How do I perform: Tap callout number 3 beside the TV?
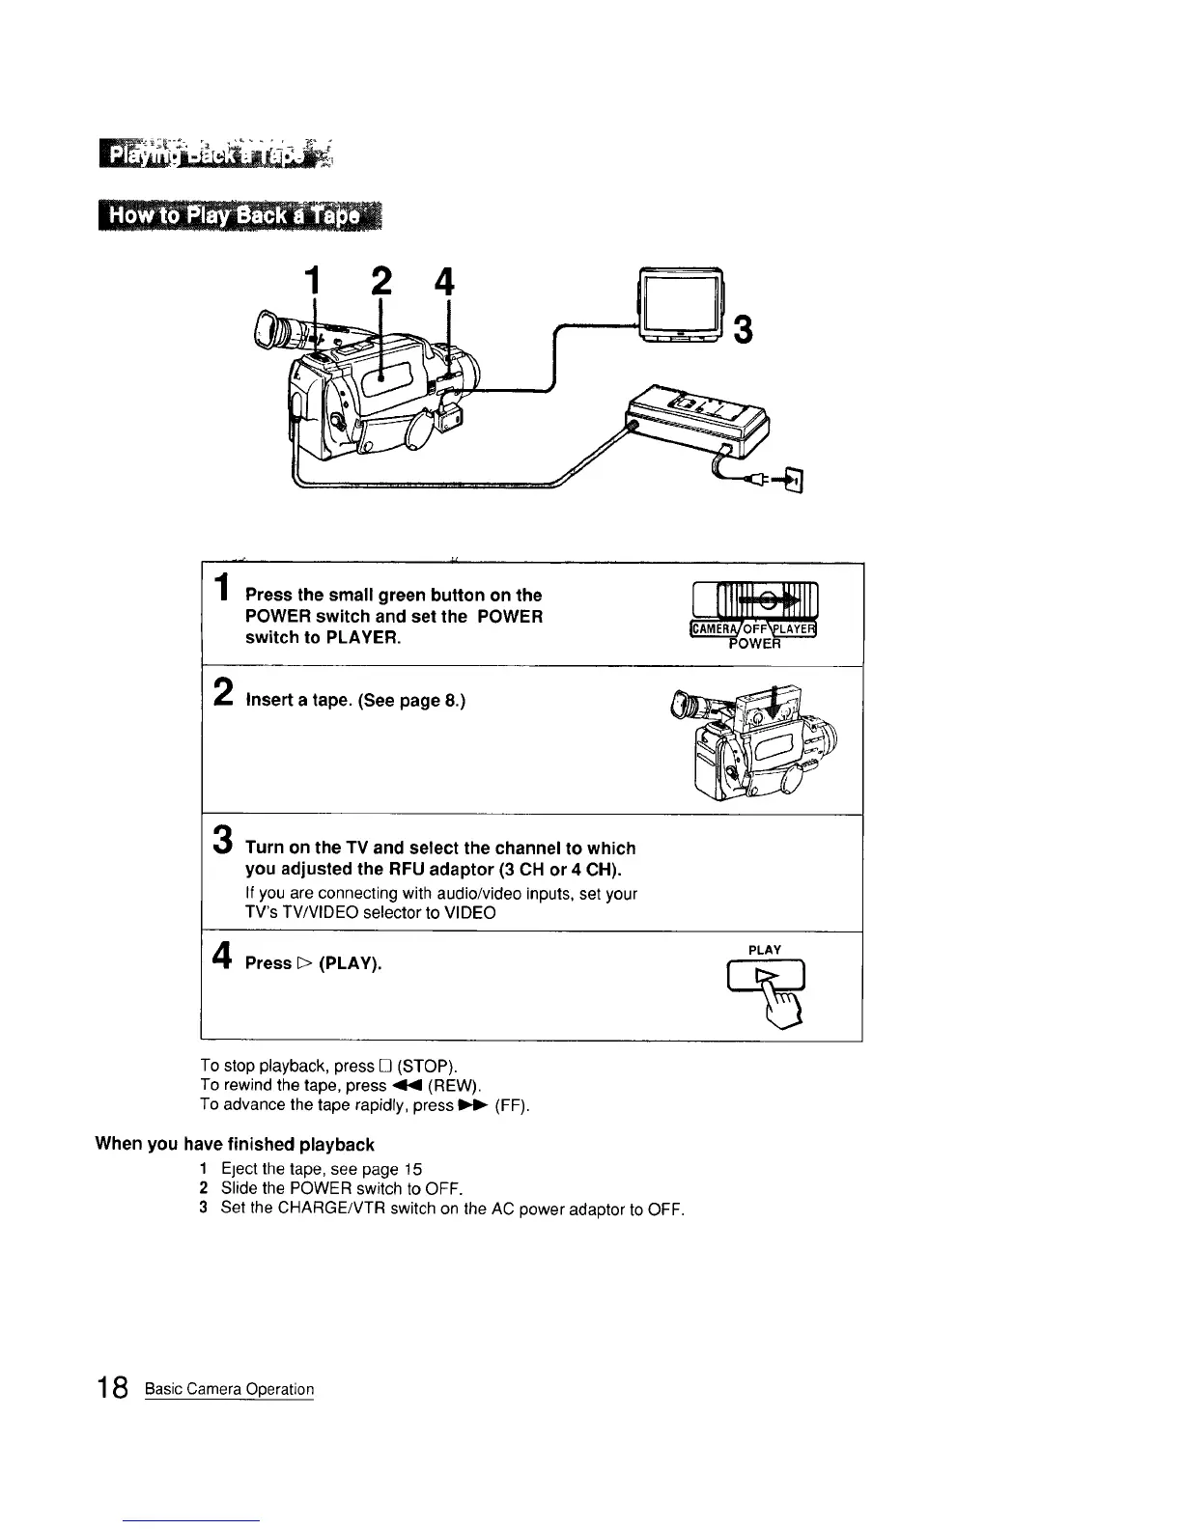pos(744,328)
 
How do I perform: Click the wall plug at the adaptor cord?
pos(793,479)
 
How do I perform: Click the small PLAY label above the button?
pos(765,950)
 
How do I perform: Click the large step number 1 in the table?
pos(223,589)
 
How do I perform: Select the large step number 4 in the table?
pos(222,956)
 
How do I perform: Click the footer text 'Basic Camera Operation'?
pos(229,1390)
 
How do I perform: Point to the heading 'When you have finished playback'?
pos(234,1145)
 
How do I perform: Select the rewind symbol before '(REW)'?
pos(405,1086)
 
